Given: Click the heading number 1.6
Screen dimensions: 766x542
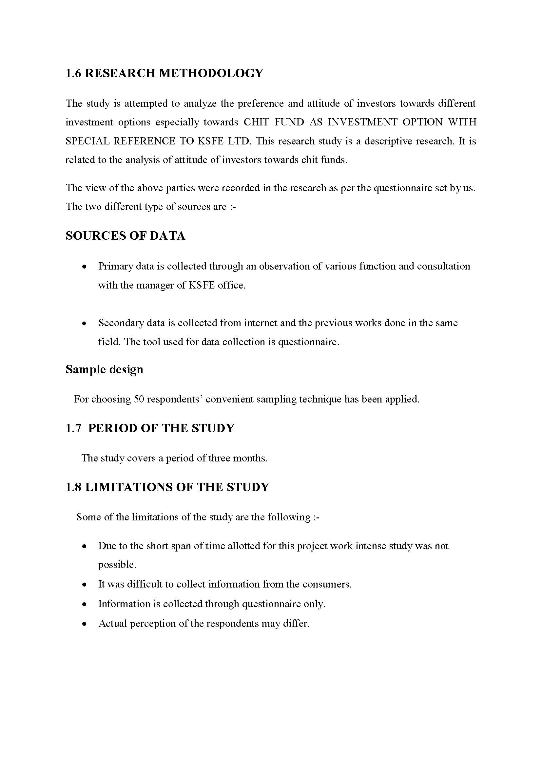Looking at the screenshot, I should (73, 73).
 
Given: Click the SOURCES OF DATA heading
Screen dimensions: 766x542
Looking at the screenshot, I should (125, 236).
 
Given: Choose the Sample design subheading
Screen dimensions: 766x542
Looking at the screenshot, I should (104, 369).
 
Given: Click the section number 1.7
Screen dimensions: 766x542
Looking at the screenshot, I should (73, 428).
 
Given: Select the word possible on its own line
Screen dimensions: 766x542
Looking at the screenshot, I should (117, 565).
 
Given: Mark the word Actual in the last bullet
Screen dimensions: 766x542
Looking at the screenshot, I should (112, 624).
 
